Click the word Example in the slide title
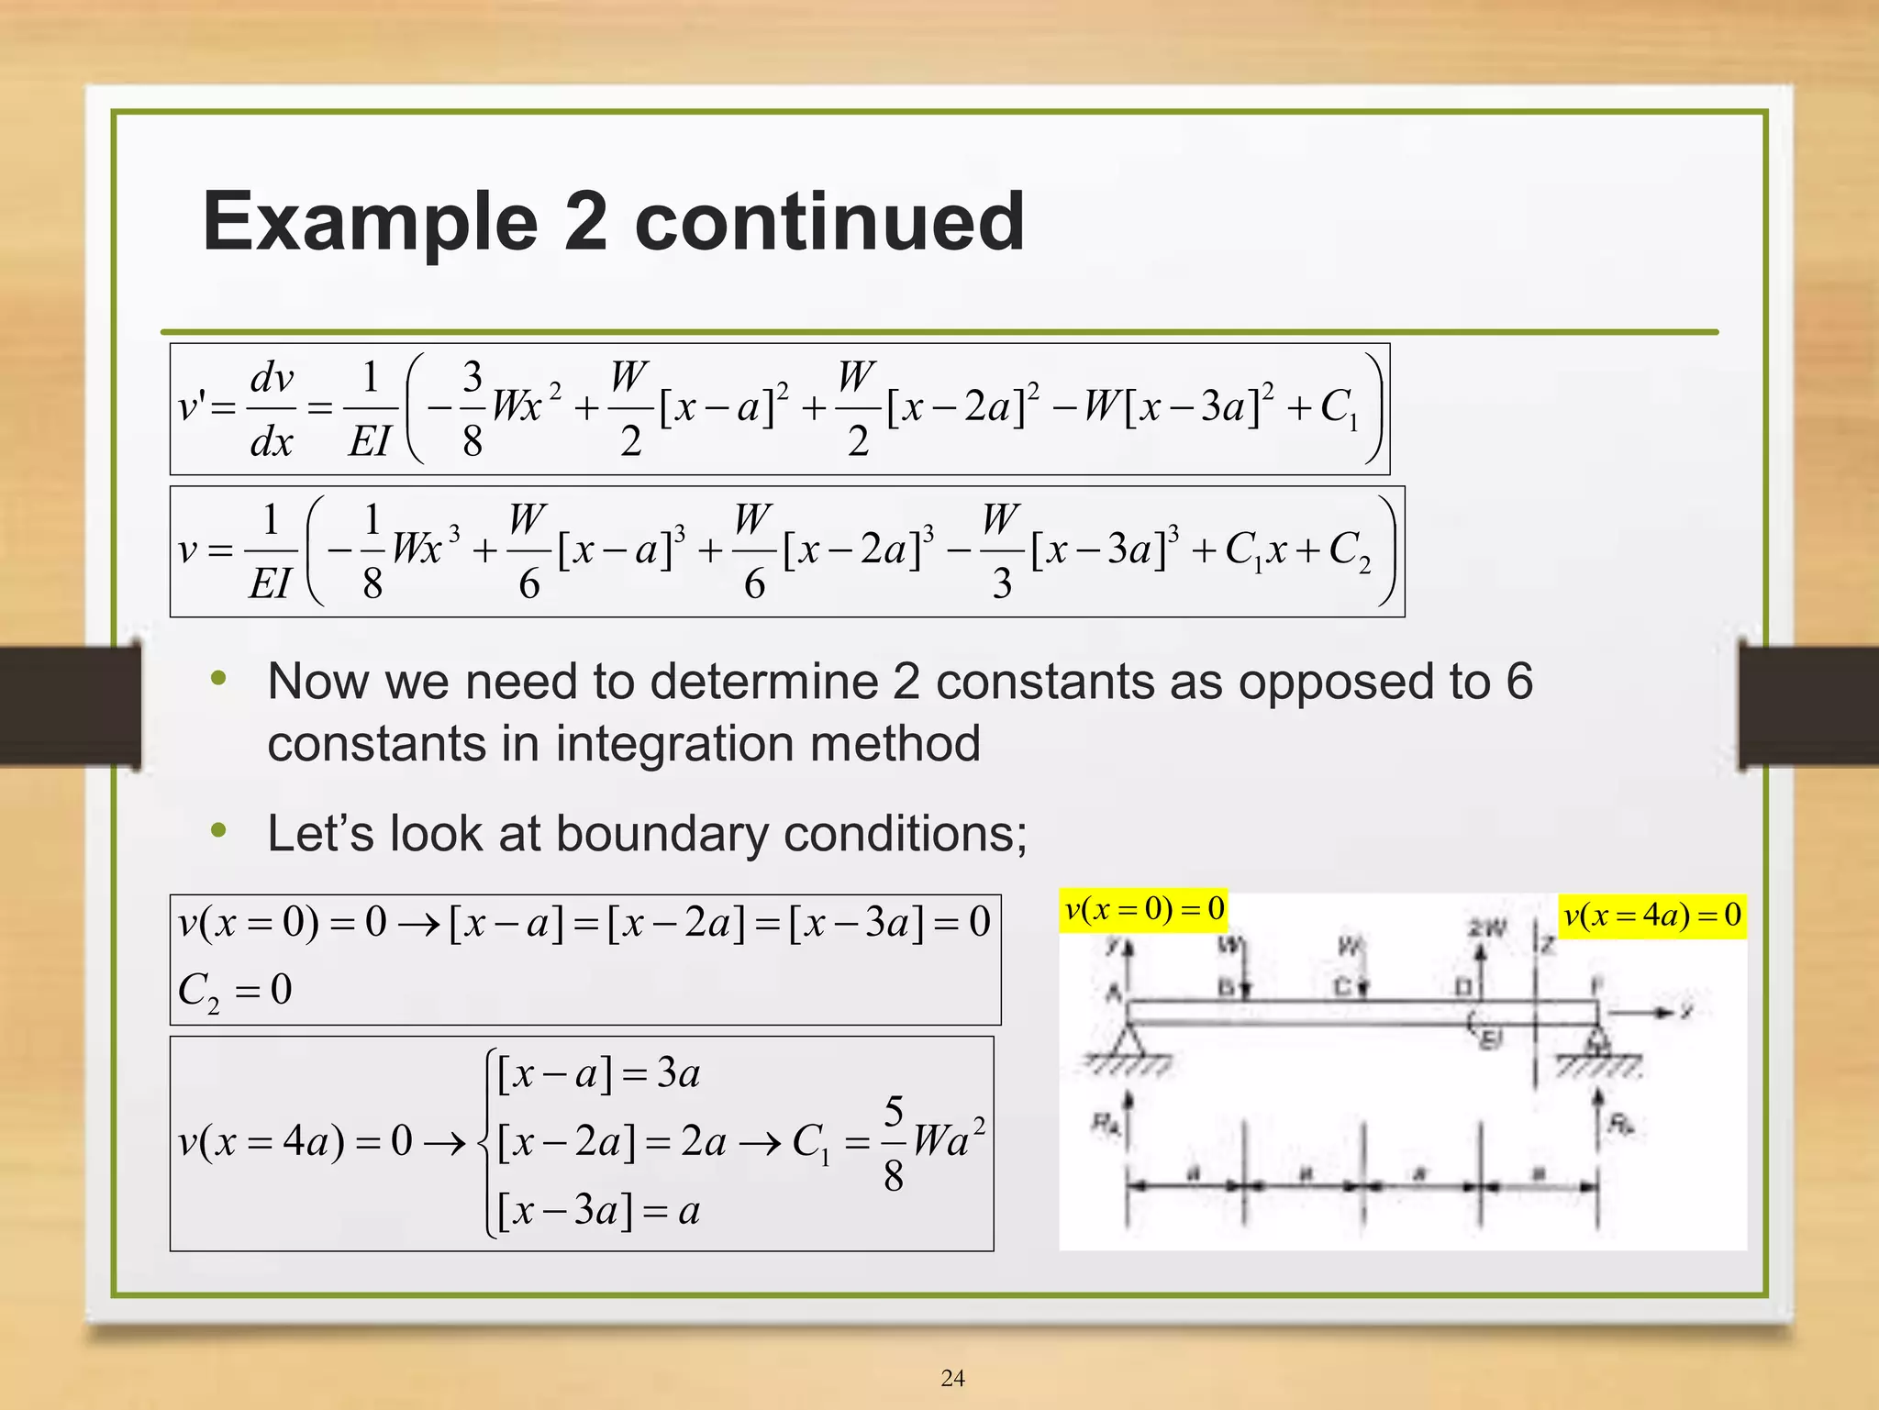pos(370,222)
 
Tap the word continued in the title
pos(829,222)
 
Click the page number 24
pos(952,1378)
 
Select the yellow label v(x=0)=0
pos(1144,910)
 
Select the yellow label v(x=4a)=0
pos(1652,916)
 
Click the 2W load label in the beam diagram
pos(1486,929)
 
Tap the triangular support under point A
pos(1128,1041)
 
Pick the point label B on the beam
pos(1226,988)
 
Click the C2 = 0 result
pos(235,991)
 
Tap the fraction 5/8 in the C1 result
pos(893,1143)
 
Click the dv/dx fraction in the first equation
pos(272,409)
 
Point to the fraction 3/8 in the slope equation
pos(472,409)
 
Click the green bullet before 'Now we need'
pos(218,680)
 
